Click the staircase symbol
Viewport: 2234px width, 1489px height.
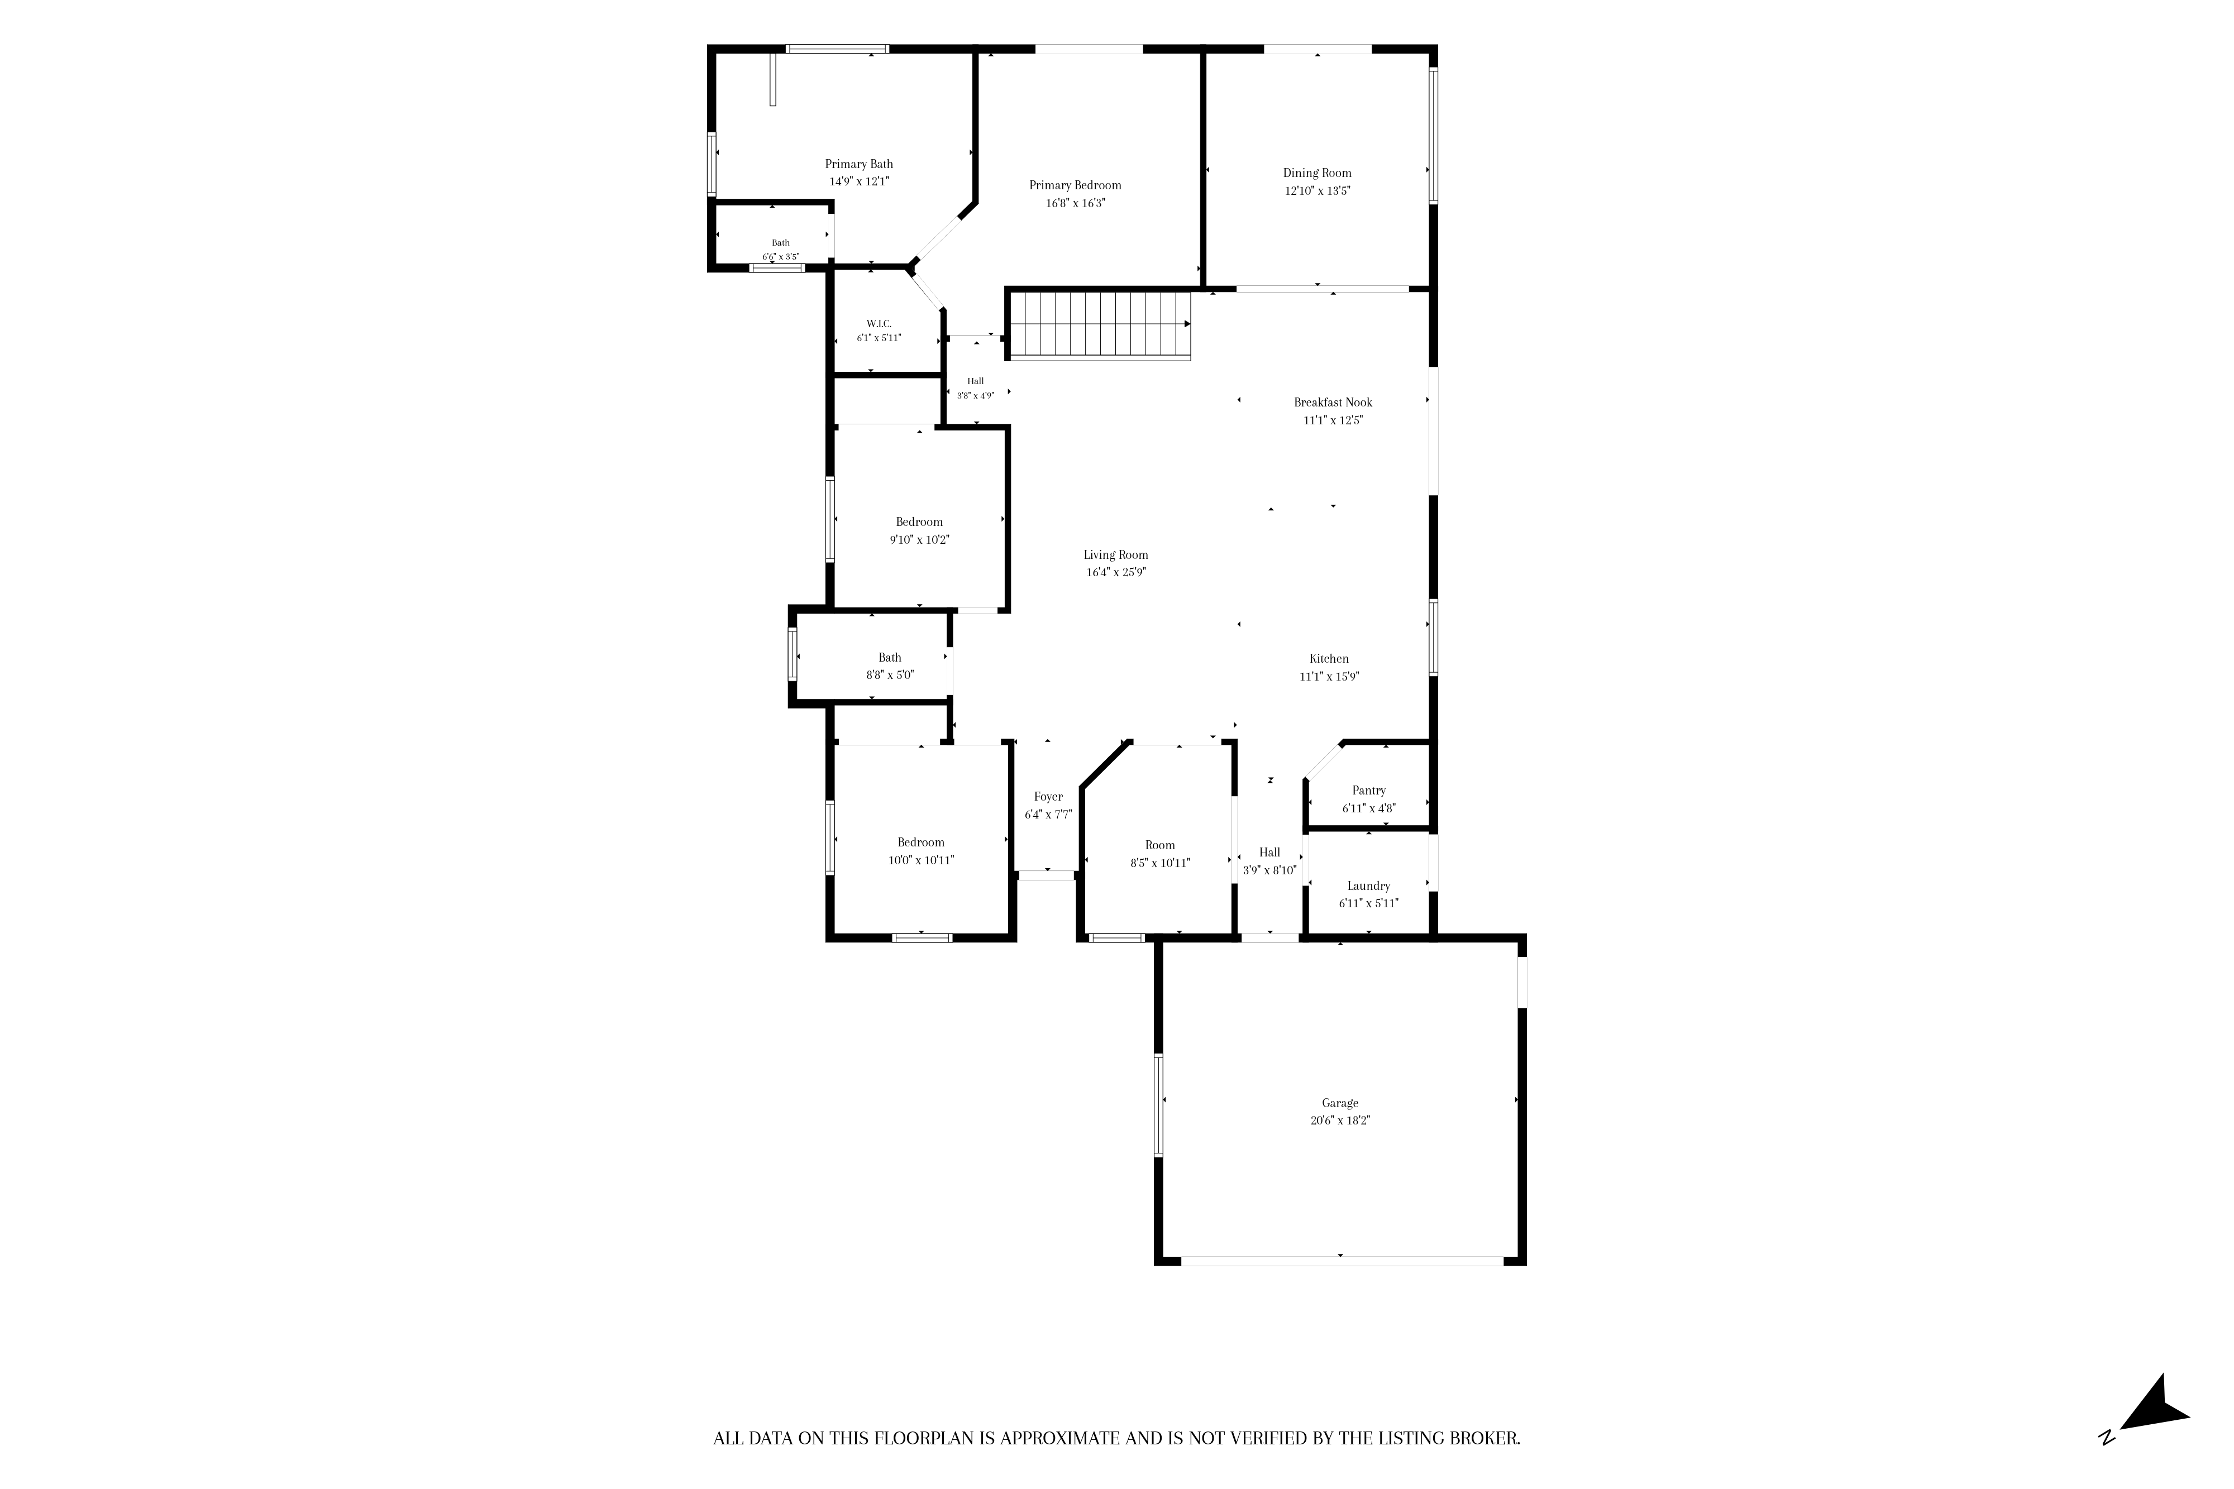click(1100, 325)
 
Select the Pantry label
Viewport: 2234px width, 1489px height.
click(1369, 791)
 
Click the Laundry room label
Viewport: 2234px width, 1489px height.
click(1369, 886)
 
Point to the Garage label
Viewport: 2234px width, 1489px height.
click(1340, 1103)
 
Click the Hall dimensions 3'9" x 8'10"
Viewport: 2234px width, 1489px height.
click(1270, 870)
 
